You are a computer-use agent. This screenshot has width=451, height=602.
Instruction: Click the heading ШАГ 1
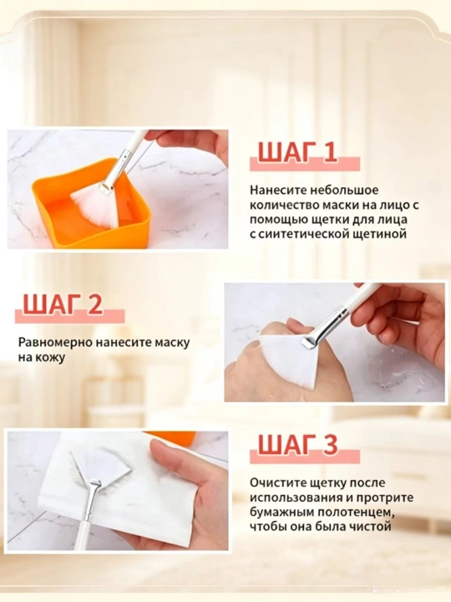(297, 153)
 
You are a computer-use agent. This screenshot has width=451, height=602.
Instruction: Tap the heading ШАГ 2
(63, 305)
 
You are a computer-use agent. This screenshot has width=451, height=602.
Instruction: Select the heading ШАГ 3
(297, 445)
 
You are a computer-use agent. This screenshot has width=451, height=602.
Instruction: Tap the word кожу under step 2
(50, 358)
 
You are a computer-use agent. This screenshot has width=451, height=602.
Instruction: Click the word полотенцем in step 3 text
(351, 513)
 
